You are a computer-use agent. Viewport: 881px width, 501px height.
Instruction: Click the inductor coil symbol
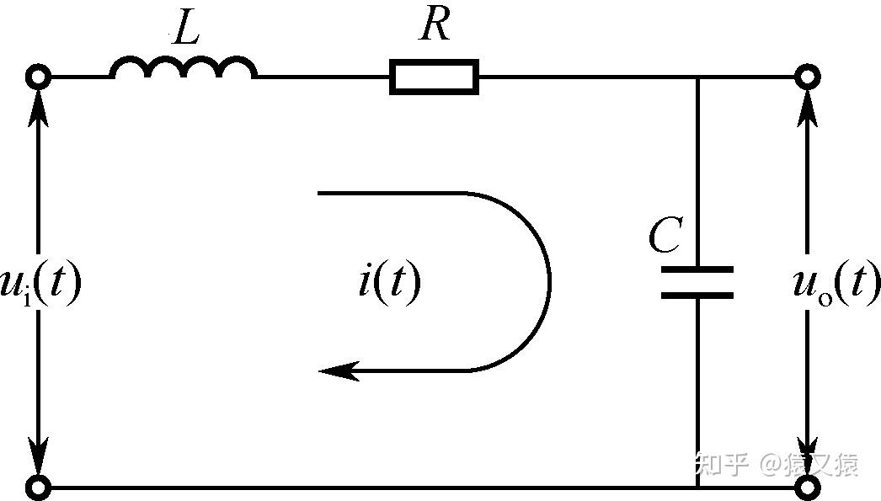(184, 68)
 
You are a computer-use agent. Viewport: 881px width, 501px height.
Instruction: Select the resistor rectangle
(434, 77)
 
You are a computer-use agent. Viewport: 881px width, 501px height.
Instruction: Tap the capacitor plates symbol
(697, 283)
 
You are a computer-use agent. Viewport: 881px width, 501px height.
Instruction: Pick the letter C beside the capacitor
(665, 237)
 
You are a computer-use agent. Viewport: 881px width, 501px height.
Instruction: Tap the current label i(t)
(389, 283)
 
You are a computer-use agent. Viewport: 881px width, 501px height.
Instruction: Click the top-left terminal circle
(38, 77)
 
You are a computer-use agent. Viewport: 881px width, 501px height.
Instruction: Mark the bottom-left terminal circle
(38, 487)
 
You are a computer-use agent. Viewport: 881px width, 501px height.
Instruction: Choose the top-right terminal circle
(808, 77)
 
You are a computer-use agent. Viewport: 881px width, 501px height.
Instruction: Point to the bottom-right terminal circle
(808, 487)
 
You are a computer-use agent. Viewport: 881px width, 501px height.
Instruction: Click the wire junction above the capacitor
(697, 77)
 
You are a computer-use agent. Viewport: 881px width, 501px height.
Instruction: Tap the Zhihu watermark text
(775, 464)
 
